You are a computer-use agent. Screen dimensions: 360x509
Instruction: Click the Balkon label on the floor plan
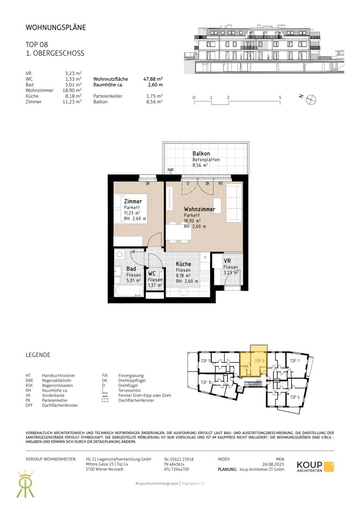point(201,154)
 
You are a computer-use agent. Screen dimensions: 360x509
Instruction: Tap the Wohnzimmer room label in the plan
point(199,209)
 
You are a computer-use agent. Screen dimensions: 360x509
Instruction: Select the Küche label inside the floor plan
point(183,264)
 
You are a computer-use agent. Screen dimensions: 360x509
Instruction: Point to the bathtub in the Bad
point(129,291)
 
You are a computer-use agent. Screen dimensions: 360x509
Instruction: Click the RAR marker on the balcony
point(171,170)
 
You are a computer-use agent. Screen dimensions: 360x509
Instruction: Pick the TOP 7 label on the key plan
point(295,361)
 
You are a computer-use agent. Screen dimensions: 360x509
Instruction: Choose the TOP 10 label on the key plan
point(206,382)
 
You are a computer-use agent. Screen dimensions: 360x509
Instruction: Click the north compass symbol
point(311,99)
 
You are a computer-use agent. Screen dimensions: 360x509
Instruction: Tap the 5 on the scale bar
point(280,98)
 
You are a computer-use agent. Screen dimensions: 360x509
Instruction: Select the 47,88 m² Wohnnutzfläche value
point(153,79)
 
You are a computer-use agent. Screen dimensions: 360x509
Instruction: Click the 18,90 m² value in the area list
point(72,90)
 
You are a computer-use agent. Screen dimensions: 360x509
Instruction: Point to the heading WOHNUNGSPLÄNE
point(56,28)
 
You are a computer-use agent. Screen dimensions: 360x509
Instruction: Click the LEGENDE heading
point(38,355)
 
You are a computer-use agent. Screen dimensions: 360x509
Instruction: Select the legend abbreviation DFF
point(29,405)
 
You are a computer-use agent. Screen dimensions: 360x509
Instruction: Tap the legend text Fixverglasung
point(131,376)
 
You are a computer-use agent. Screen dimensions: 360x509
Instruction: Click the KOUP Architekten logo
point(315,467)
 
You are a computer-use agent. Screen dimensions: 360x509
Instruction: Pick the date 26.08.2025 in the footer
point(273,464)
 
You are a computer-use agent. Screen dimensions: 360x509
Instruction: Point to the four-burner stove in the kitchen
point(205,276)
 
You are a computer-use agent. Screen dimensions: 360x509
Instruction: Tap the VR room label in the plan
point(227,261)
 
